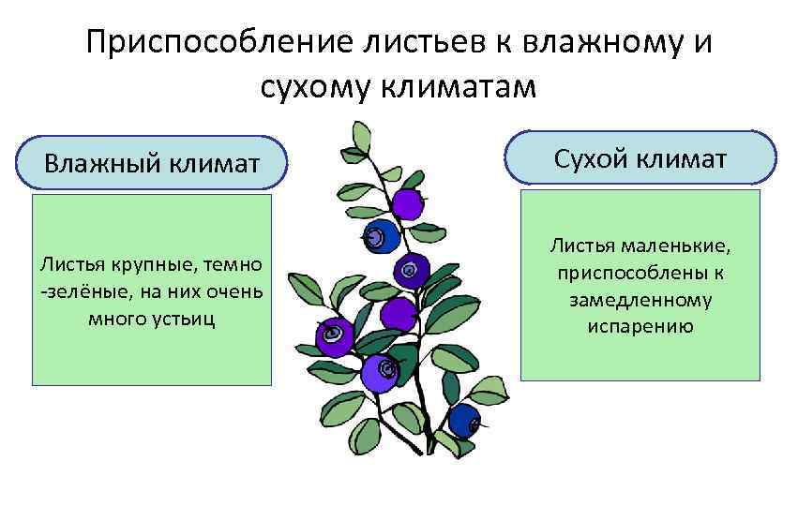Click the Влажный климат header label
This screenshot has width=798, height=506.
pyautogui.click(x=152, y=165)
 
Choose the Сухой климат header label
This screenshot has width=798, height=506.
pyautogui.click(x=640, y=157)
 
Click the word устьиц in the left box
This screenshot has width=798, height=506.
pyautogui.click(x=187, y=318)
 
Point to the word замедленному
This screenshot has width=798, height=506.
pyautogui.click(x=640, y=300)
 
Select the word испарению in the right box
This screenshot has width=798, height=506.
pyautogui.click(x=640, y=326)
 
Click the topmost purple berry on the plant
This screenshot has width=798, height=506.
pyautogui.click(x=407, y=202)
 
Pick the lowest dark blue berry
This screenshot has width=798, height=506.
pyautogui.click(x=463, y=420)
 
